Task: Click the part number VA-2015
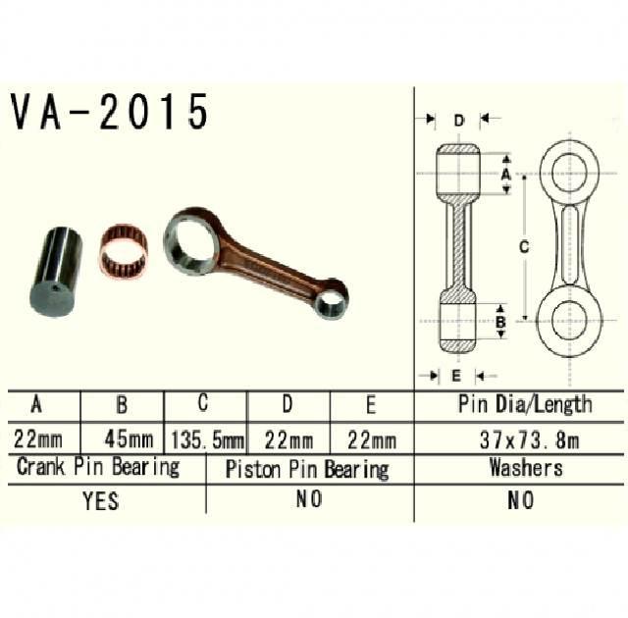[109, 111]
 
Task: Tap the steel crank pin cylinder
[57, 273]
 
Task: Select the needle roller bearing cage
[124, 251]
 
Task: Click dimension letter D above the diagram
[458, 120]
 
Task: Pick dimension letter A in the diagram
[506, 175]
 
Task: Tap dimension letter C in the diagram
[524, 246]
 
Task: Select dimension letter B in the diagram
[500, 322]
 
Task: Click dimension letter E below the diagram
[455, 376]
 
